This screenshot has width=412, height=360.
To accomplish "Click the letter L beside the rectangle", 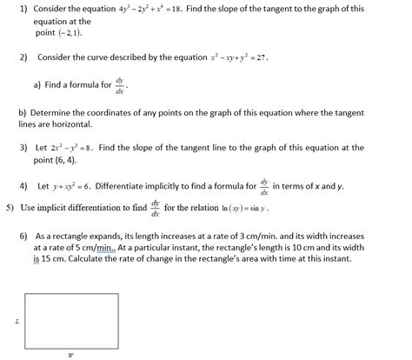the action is pyautogui.click(x=17, y=321).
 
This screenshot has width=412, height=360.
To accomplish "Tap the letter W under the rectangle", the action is pyautogui.click(x=71, y=353).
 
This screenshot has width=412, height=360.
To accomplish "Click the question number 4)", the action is pyautogui.click(x=23, y=186).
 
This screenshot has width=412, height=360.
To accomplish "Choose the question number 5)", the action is pyautogui.click(x=10, y=208).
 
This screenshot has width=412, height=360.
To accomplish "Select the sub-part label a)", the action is pyautogui.click(x=37, y=85).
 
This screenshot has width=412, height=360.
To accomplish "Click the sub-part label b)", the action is pyautogui.click(x=22, y=112).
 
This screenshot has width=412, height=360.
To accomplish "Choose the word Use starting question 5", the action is pyautogui.click(x=28, y=208).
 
